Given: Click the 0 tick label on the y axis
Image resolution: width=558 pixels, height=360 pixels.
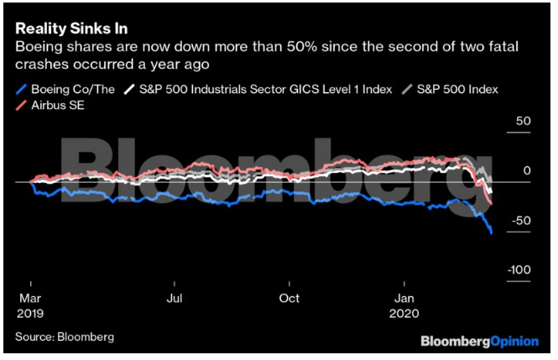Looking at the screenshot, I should pos(528,170).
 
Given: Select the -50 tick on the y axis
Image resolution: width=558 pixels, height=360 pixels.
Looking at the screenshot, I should pos(522,220).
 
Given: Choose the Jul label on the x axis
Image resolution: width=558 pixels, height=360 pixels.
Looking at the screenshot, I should pos(175,298).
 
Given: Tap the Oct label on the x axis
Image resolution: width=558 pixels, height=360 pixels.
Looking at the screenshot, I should pos(289,298).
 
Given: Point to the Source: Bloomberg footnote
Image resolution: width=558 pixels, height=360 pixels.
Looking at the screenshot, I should pos(64,337).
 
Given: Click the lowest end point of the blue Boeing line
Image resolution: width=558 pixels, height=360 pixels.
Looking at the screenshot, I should pos(491,232).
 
